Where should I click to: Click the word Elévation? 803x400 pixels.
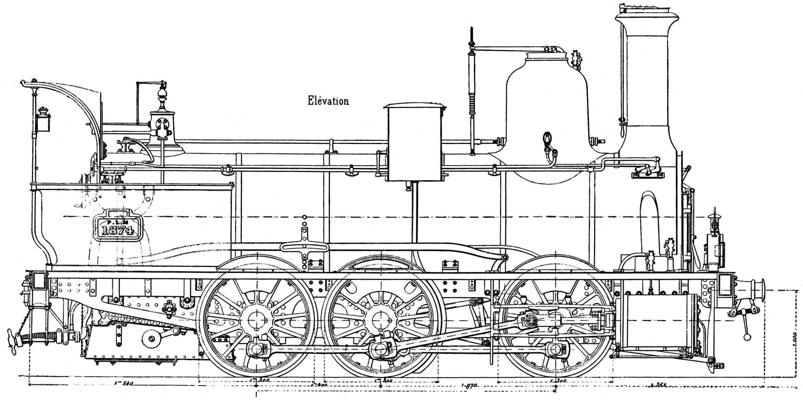tap(328, 101)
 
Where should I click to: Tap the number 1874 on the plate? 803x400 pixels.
tap(118, 230)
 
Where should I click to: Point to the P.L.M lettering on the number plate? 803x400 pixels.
tap(118, 222)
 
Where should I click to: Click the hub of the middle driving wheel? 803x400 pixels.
tap(381, 321)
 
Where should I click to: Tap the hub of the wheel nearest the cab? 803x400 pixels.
tap(257, 321)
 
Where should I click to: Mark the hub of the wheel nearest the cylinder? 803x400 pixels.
tap(556, 321)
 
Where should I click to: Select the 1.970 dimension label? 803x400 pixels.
tap(469, 385)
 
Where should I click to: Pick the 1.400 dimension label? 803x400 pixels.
tap(318, 385)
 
